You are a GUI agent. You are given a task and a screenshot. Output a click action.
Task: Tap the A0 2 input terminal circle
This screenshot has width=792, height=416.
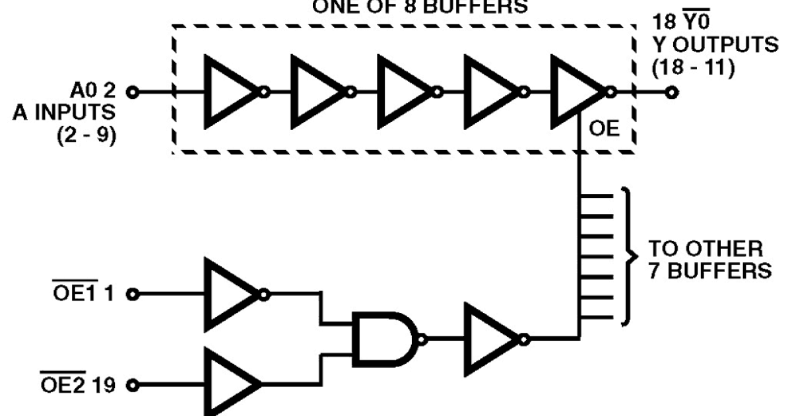tap(134, 92)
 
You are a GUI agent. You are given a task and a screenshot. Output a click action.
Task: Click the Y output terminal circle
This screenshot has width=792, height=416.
tap(672, 92)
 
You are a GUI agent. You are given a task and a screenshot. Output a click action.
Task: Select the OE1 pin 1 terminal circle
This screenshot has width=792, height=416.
tap(134, 294)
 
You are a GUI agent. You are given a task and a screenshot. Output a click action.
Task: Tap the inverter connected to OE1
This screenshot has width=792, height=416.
tap(229, 294)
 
